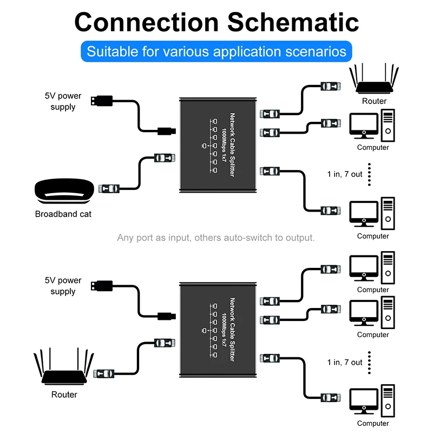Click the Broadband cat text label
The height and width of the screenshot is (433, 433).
coord(63,214)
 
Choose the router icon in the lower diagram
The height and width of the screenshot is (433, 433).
coord(64,369)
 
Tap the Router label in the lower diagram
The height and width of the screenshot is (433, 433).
coord(64,395)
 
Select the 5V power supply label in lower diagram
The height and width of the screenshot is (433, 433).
coord(63,286)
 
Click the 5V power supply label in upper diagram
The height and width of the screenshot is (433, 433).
coord(63,101)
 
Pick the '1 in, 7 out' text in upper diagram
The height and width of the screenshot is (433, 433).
coord(345,174)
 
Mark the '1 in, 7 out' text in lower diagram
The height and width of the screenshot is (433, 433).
coord(345,362)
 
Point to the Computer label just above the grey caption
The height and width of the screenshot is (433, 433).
coord(373,236)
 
